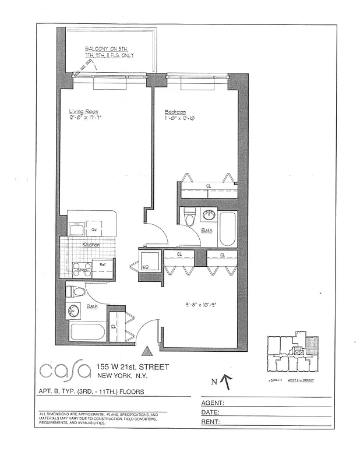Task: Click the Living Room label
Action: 84,111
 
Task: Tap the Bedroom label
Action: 174,111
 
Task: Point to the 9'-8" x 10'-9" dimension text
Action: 201,304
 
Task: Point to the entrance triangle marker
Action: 147,350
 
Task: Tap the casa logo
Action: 65,370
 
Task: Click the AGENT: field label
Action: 213,403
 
